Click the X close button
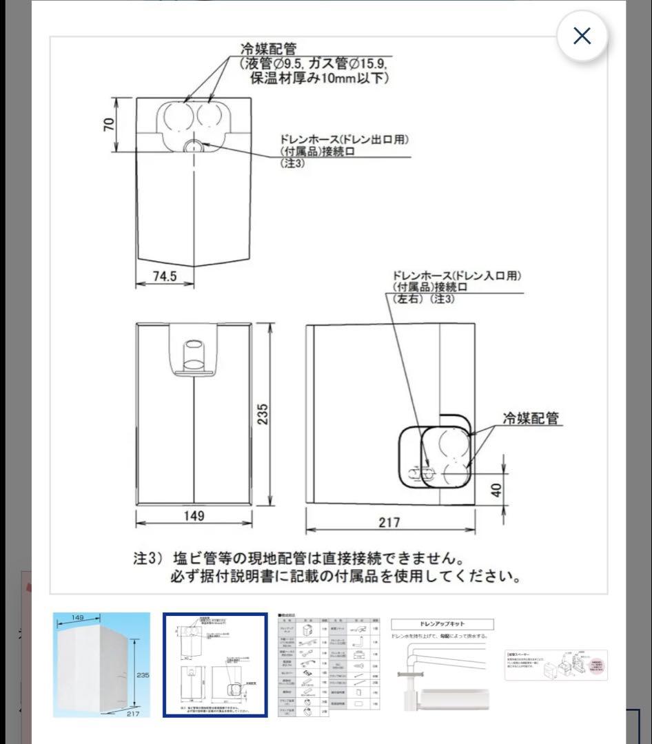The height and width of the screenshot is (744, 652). (582, 36)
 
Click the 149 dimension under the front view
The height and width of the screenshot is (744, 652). (195, 515)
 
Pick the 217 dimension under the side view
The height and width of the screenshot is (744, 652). (389, 522)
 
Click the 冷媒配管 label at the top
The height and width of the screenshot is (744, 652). (268, 49)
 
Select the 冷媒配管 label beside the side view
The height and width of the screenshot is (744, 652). (530, 417)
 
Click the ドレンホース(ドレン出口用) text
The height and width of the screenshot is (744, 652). (345, 140)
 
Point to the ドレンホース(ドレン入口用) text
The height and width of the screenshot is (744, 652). (457, 276)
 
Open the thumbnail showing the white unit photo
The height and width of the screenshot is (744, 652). (101, 665)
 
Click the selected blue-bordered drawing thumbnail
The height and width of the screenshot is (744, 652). (215, 665)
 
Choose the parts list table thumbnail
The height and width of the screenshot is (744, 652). (329, 665)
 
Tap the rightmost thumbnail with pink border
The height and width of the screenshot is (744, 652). (556, 665)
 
